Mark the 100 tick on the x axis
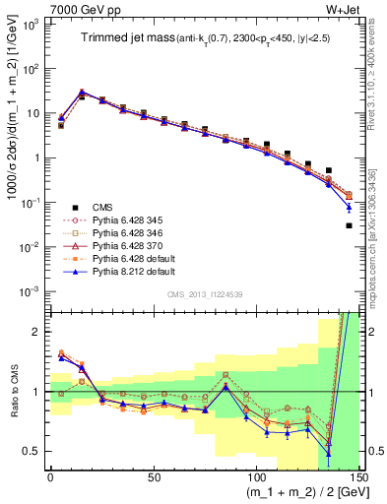click(256, 476)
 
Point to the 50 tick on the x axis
click(153, 476)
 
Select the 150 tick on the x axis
click(358, 476)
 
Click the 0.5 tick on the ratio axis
click(35, 451)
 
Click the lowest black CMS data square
click(349, 225)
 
